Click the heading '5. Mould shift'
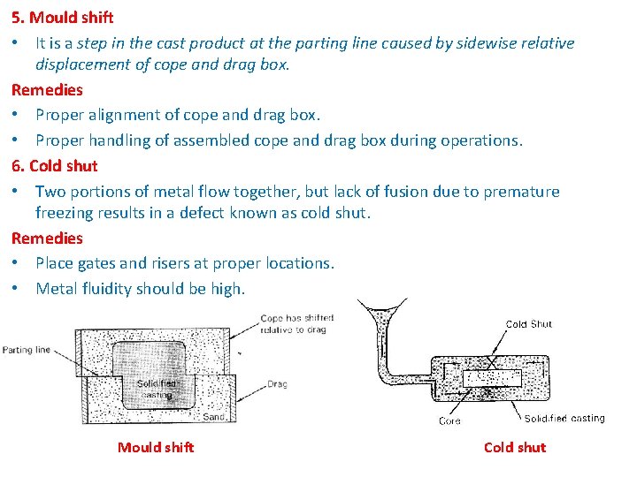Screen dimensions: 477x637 tap(62, 17)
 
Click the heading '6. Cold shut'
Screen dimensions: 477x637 tap(55, 165)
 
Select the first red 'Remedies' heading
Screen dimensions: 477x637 tap(47, 89)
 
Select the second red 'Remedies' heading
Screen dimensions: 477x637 tap(47, 238)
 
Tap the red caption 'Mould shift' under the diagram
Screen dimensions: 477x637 tap(155, 447)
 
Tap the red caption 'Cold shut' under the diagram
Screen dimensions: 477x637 tap(514, 447)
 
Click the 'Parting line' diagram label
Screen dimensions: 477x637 tap(27, 350)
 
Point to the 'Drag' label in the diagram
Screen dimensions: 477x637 tap(277, 384)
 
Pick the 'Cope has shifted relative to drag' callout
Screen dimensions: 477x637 tap(293, 323)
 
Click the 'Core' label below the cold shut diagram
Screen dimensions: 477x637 tap(449, 420)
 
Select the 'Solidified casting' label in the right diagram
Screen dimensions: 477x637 tap(564, 418)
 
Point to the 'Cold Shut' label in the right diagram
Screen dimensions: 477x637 tap(528, 324)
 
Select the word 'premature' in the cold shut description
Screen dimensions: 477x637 tap(519, 191)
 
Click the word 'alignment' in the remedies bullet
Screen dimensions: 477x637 tap(126, 115)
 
